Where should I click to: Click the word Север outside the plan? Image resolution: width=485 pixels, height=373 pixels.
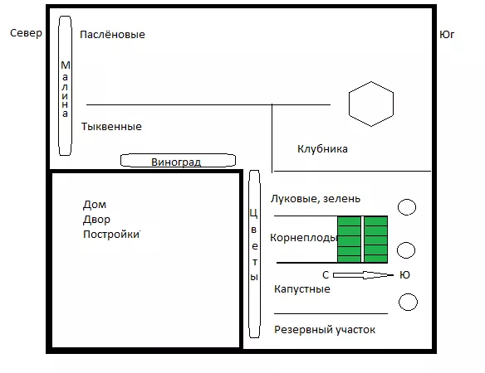click(26, 33)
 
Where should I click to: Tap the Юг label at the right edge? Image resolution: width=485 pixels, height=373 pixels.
click(447, 34)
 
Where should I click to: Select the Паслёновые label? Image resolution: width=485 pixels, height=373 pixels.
click(112, 34)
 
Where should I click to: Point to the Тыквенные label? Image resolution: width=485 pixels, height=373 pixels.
click(111, 126)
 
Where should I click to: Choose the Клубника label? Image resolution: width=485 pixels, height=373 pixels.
click(322, 149)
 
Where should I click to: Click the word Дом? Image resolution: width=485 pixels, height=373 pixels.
click(95, 205)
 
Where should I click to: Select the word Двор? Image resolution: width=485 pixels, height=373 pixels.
click(96, 220)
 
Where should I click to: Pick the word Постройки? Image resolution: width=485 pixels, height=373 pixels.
click(111, 235)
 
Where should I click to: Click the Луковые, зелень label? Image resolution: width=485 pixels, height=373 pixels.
click(316, 199)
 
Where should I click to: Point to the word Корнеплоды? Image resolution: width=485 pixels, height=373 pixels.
click(303, 237)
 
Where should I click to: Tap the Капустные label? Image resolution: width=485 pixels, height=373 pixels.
click(302, 289)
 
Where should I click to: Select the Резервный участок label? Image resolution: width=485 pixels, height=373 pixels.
click(325, 330)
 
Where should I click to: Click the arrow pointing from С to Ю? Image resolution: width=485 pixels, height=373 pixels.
click(363, 275)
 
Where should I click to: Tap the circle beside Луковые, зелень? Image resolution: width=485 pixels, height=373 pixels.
click(407, 207)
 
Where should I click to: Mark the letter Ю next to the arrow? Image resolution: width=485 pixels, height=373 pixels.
click(404, 275)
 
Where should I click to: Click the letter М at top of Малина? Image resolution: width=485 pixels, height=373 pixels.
click(66, 65)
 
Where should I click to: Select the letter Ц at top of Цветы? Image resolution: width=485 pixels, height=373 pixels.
click(253, 213)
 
